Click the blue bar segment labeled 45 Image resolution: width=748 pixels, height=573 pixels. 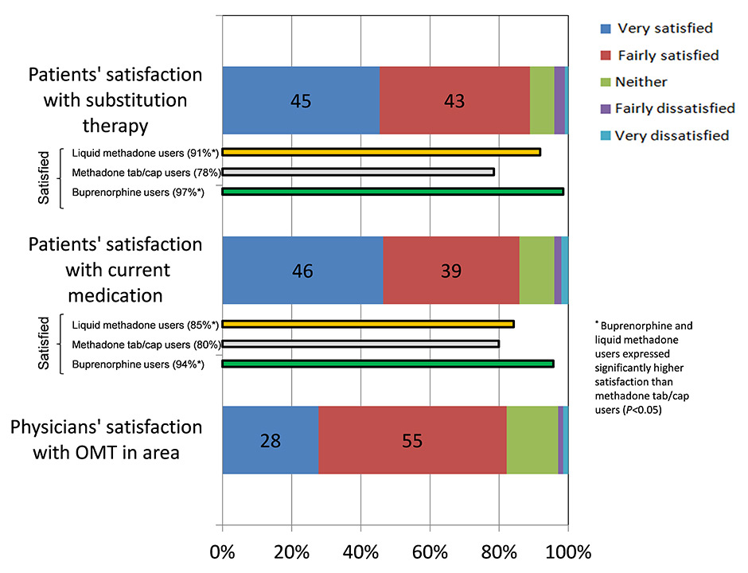click(x=301, y=100)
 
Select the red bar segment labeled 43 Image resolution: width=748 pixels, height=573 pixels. click(x=454, y=100)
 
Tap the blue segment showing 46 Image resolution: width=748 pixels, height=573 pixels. click(x=302, y=271)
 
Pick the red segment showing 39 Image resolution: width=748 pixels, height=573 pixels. click(x=451, y=271)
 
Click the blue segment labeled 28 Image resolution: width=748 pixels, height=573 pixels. click(x=271, y=440)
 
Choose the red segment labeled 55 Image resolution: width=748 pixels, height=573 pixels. click(x=412, y=440)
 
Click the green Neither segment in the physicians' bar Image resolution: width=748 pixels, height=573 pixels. click(x=532, y=440)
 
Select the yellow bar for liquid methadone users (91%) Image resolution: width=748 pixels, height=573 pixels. click(x=381, y=151)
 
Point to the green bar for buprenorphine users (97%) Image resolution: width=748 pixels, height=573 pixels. click(x=392, y=191)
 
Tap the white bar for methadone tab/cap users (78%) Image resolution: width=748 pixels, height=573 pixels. click(x=358, y=171)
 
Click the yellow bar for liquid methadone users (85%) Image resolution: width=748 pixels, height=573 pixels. click(x=368, y=324)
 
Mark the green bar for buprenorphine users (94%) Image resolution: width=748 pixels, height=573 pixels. click(x=388, y=364)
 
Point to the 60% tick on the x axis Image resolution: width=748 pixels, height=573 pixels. click(x=430, y=552)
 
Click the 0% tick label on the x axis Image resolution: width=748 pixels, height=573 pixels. click(x=222, y=552)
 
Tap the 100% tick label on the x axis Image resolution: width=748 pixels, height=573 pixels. click(x=567, y=552)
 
